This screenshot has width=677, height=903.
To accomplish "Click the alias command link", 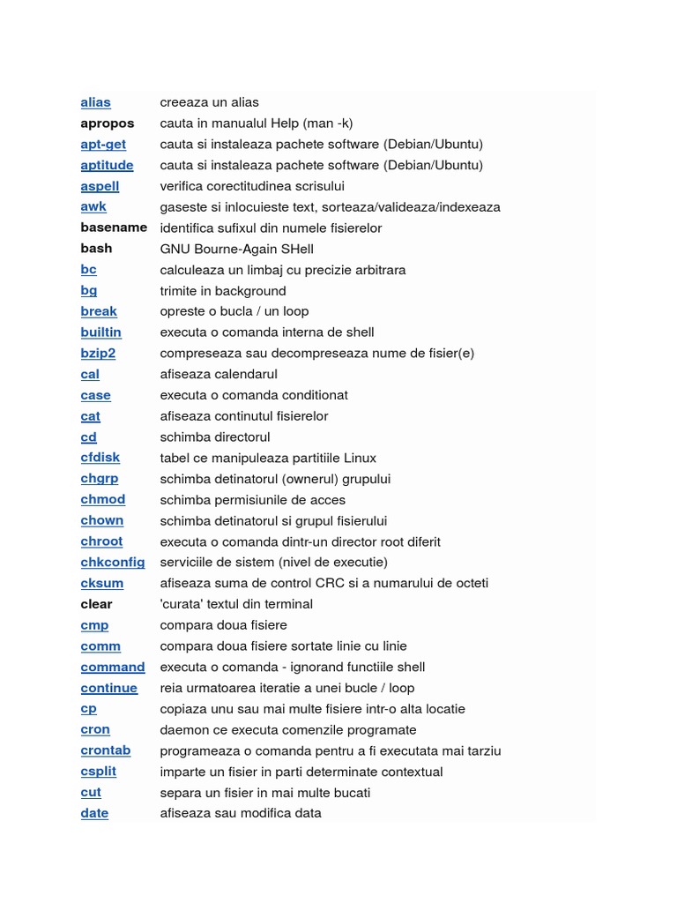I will click(95, 102).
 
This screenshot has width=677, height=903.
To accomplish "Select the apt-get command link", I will click(103, 144).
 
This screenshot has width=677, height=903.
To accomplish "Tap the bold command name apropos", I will click(108, 123).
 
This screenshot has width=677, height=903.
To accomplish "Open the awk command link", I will click(93, 206).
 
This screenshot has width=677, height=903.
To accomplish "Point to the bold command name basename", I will click(114, 228).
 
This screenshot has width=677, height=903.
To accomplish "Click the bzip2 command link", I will click(98, 353).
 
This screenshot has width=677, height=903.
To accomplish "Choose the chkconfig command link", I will click(113, 562).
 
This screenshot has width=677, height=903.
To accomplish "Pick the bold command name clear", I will click(96, 604).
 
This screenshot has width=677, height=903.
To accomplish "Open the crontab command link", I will click(106, 750).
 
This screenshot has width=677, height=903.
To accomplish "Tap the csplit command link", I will click(99, 772).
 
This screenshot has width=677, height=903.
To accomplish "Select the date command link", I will click(94, 813).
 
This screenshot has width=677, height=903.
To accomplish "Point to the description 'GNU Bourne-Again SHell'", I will click(236, 249).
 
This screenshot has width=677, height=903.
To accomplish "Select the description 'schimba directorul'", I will click(215, 437).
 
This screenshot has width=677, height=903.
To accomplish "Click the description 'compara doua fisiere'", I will click(223, 625).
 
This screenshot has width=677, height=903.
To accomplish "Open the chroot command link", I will click(101, 541).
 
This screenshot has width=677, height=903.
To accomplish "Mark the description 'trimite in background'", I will click(223, 290).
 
